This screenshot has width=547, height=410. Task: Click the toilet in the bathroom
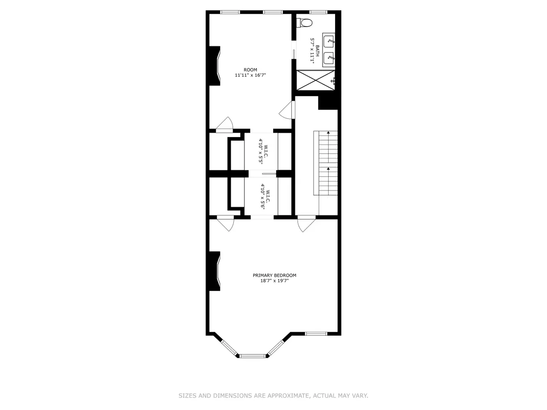tap(305, 23)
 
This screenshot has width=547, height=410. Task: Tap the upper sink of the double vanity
tap(329, 41)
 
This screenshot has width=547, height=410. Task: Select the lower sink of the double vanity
tap(329, 58)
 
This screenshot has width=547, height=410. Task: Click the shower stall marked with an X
tap(315, 80)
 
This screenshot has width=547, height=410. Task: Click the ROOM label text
tap(250, 70)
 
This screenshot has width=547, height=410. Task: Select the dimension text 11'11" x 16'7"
tap(250, 75)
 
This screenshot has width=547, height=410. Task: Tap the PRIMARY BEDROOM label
tap(274, 275)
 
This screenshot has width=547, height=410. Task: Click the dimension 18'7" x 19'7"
tap(274, 281)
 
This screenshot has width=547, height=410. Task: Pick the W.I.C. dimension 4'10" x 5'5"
tap(261, 151)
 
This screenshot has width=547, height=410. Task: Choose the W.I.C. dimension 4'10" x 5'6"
tap(262, 196)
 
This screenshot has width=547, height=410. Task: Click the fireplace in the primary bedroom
tap(215, 271)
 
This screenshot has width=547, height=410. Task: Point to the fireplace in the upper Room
tap(215, 66)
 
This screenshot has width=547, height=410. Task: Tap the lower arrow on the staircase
tap(329, 181)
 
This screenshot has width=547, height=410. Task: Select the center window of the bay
tap(253, 356)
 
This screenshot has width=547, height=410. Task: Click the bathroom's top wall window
tap(318, 12)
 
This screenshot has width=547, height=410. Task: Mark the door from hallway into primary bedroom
tap(307, 224)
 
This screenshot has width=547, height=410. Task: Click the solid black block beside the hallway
tap(328, 102)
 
